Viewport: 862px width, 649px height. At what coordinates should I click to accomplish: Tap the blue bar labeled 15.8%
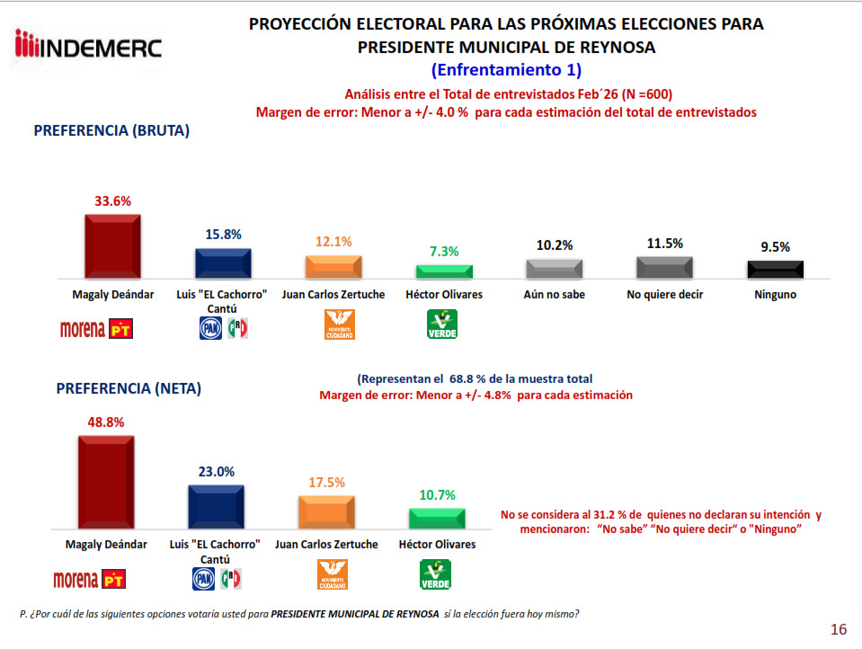[x=224, y=263]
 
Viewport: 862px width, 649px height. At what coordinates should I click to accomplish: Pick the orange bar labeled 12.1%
[x=333, y=267]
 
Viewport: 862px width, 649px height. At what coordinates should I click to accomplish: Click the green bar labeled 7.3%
[x=444, y=271]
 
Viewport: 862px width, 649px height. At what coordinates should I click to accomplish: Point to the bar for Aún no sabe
[x=555, y=269]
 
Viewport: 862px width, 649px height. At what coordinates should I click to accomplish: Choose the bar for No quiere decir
[x=665, y=267]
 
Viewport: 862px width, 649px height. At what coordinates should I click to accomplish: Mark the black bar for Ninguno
[x=776, y=270]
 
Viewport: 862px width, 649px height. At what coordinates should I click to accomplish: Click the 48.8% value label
[x=106, y=422]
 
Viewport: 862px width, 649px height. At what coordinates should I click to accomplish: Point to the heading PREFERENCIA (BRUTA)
[x=111, y=130]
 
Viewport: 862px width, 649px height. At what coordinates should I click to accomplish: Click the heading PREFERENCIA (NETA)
[x=129, y=389]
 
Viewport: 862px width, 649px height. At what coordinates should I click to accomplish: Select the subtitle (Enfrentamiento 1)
[x=506, y=69]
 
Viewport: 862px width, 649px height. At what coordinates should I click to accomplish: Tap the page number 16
[x=838, y=629]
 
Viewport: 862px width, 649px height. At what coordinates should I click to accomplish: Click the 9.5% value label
[x=775, y=246]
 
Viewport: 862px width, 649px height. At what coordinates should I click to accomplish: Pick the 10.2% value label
[x=555, y=244]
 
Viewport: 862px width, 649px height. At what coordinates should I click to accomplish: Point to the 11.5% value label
[x=665, y=243]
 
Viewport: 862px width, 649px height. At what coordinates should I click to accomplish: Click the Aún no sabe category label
[x=555, y=294]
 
